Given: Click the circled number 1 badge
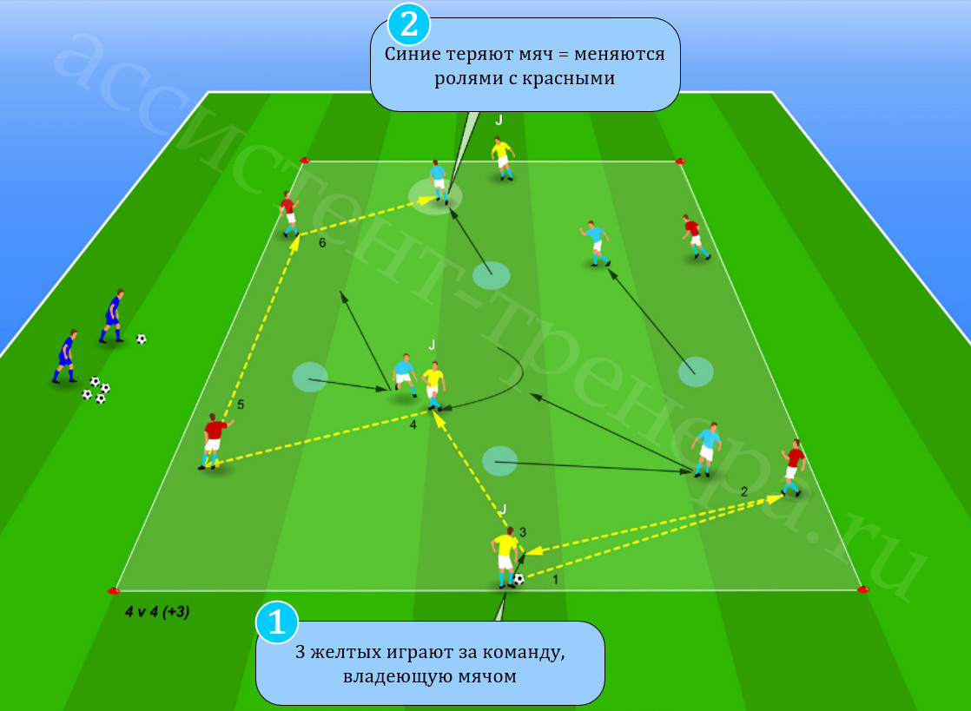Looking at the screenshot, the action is click(x=277, y=622).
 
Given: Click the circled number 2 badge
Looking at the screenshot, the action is click(x=409, y=24).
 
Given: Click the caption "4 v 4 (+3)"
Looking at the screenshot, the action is click(x=156, y=611).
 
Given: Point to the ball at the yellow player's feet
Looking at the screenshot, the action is click(x=519, y=579).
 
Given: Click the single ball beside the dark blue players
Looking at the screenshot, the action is click(x=142, y=339).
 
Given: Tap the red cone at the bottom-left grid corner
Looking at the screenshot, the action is click(x=113, y=591).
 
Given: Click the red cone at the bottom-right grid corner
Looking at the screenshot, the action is click(x=862, y=589).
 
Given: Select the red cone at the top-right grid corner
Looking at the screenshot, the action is click(x=680, y=161).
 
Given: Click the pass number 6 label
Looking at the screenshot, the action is click(x=322, y=243).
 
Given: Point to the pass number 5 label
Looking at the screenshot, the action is click(x=241, y=405).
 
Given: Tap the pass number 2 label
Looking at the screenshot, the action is click(x=744, y=491).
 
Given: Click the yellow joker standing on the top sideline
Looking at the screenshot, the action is click(x=503, y=158).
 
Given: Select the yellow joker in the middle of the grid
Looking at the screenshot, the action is click(x=433, y=385).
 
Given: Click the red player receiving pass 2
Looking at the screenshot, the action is click(x=792, y=468).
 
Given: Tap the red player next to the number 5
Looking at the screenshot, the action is click(x=214, y=441).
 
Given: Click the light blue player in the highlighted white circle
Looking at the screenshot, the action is click(x=439, y=181).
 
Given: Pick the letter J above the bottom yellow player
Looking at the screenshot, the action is click(x=503, y=510).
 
